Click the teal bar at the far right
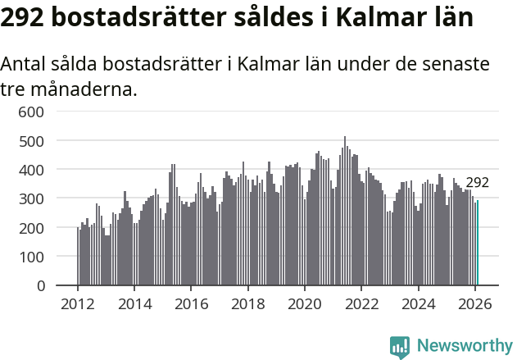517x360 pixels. [x=478, y=244]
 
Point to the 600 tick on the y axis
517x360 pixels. [x=32, y=112]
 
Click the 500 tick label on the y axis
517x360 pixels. [x=32, y=141]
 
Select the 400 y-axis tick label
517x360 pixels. [x=32, y=170]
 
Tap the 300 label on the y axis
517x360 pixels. [x=32, y=199]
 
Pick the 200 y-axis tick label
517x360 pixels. [x=32, y=228]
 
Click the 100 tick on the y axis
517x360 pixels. [x=32, y=257]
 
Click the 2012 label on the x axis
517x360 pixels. [x=78, y=303]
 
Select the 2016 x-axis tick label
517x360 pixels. [x=191, y=303]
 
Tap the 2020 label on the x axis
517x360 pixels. [x=305, y=303]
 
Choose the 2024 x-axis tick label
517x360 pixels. [x=419, y=303]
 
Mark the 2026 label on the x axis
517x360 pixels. [x=475, y=303]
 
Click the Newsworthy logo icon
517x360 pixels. [x=400, y=347]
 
